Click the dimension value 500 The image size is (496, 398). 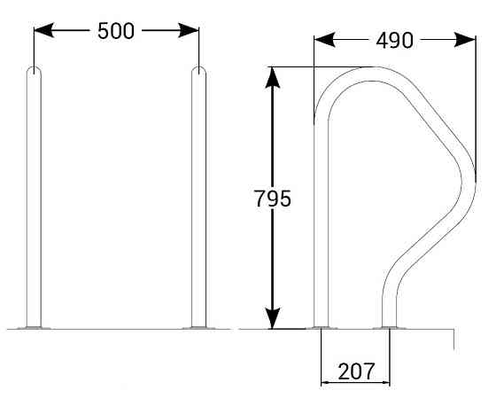point(116,31)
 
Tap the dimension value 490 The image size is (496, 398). point(394,41)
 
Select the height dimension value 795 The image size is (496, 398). point(273,199)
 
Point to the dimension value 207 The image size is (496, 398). point(356,371)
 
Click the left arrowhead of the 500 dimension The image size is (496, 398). point(43,30)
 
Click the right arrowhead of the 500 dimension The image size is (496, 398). point(189,30)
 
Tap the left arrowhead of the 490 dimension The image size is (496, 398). point(324,40)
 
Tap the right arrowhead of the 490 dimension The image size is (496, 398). point(465,40)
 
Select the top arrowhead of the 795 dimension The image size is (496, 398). point(273,78)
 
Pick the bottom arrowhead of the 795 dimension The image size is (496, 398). point(273,318)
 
